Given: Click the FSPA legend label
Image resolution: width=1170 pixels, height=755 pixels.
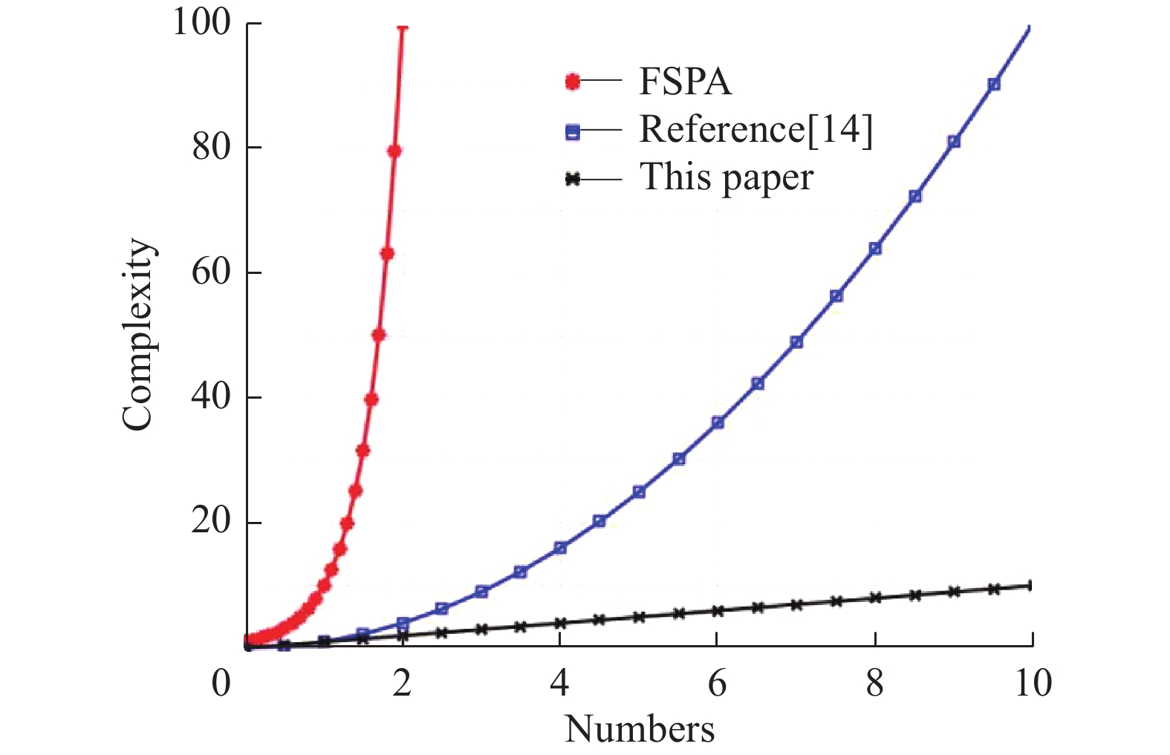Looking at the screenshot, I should pyautogui.click(x=685, y=81).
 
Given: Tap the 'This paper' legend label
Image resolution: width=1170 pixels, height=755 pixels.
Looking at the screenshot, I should pyautogui.click(x=726, y=177).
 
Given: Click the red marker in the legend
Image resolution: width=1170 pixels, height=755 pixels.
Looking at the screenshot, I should pyautogui.click(x=572, y=82).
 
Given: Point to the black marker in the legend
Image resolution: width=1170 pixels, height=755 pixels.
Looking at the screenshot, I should pyautogui.click(x=572, y=180).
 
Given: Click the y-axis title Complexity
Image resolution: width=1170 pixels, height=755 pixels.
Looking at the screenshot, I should pyautogui.click(x=139, y=334).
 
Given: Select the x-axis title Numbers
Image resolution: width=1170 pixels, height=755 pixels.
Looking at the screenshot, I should pyautogui.click(x=640, y=729).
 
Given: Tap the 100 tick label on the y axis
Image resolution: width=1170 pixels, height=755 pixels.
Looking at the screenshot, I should pyautogui.click(x=201, y=22).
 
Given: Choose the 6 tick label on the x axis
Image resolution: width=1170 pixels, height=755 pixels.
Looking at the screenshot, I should pyautogui.click(x=717, y=683).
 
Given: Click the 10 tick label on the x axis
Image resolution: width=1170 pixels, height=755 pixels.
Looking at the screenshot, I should pyautogui.click(x=1033, y=683).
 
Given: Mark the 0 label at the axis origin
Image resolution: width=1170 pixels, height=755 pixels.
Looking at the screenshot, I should pyautogui.click(x=221, y=683).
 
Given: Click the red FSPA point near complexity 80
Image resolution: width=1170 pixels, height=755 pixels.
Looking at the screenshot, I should pyautogui.click(x=394, y=151).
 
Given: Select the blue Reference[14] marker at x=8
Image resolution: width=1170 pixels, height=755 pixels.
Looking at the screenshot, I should pyautogui.click(x=875, y=249).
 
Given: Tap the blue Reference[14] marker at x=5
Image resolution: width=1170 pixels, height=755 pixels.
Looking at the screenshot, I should pyautogui.click(x=639, y=492).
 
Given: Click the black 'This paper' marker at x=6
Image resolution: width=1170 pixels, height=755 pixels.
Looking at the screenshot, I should pyautogui.click(x=717, y=611).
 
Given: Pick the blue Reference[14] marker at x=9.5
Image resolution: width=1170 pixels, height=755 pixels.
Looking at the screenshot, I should pyautogui.click(x=994, y=85).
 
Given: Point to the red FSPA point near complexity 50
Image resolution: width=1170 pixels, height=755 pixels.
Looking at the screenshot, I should pyautogui.click(x=378, y=335).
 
